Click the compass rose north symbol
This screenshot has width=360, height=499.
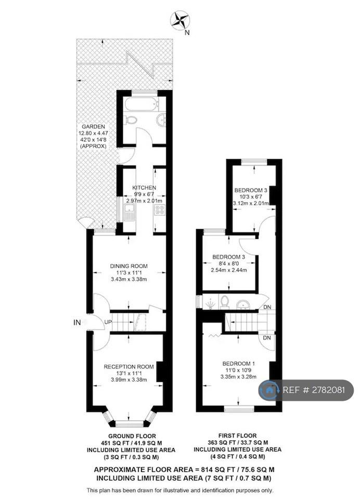point(180,20)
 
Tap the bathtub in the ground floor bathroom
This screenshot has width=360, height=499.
point(141,104)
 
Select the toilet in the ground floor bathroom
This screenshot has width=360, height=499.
point(131,120)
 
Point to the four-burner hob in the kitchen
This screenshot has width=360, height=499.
point(160,209)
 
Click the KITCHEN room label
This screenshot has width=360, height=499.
point(144,188)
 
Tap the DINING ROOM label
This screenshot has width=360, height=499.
point(128,266)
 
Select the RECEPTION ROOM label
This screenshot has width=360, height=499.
point(128,366)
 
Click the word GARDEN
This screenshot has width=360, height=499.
point(93,126)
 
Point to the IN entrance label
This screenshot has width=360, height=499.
point(77,322)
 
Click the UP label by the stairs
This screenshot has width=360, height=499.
point(108,322)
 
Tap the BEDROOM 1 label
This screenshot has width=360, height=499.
point(239,363)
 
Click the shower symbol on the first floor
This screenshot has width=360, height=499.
point(210,305)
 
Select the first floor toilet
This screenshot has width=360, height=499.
point(225,302)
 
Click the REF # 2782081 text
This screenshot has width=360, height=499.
point(314,390)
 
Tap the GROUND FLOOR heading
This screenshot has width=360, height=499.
point(132,436)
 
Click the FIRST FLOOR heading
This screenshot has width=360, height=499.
point(237,436)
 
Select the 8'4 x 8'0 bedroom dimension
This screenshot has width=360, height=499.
point(229,264)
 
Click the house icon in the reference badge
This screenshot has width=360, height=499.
point(269,390)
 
